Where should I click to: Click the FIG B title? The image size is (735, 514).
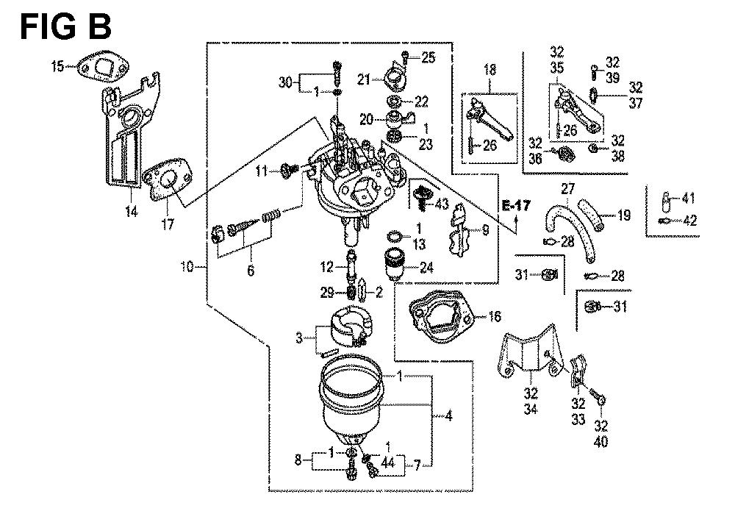(x=65, y=26)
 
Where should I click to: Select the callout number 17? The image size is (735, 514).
(x=168, y=224)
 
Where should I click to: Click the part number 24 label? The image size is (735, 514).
(x=426, y=267)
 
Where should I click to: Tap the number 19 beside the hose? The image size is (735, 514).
(x=624, y=216)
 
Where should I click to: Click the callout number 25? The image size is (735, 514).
(x=428, y=57)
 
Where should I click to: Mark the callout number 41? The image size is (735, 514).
(x=689, y=198)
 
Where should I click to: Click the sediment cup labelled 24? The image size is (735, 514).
(x=395, y=263)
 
